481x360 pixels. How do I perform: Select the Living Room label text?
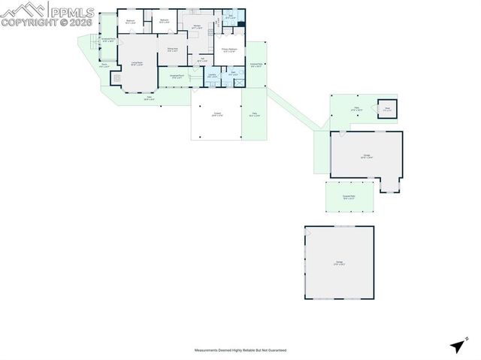[137, 64]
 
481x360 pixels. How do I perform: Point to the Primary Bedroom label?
[229, 51]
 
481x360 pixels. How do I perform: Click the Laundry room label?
[213, 75]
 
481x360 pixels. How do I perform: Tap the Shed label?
[388, 109]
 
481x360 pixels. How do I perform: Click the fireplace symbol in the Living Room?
[116, 77]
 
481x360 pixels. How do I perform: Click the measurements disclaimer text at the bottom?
[240, 350]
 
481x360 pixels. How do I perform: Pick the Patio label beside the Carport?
[254, 115]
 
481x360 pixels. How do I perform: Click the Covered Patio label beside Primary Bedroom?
[256, 65]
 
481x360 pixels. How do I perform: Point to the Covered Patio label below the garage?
[348, 197]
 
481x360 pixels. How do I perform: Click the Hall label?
[201, 59]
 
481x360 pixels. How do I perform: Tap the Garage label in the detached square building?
[339, 263]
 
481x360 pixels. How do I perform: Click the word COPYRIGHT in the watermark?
[26, 23]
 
